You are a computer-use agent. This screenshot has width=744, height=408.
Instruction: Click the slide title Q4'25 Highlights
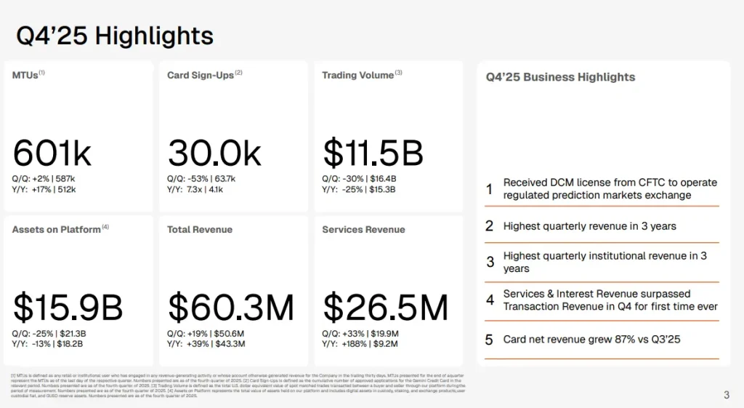(115, 36)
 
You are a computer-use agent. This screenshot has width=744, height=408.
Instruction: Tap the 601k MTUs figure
(52, 153)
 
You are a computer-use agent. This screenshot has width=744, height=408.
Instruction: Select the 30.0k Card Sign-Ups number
(214, 153)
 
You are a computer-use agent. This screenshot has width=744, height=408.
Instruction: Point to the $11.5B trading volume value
(373, 153)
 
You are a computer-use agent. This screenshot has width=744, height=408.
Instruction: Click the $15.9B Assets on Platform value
(68, 308)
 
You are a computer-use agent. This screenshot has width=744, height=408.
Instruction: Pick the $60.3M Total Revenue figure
(231, 308)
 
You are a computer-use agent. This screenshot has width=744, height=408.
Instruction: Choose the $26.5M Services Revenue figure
(386, 308)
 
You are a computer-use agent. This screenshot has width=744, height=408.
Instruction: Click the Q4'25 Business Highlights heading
(560, 77)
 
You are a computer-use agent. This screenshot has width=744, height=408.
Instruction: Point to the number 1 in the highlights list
(490, 189)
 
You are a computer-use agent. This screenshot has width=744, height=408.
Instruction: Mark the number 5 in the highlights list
(489, 340)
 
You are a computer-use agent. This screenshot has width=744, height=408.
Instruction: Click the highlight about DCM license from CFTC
(610, 189)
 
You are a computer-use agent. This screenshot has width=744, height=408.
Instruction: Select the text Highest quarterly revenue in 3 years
(589, 226)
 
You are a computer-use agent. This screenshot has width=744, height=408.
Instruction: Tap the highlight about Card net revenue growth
(591, 340)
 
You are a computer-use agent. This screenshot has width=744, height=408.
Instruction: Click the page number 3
(727, 396)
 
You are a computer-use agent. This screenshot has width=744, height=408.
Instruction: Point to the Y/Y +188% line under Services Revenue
(361, 344)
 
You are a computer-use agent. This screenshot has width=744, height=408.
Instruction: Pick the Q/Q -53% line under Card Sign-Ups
(201, 178)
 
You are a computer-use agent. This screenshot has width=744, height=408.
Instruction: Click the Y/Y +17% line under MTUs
(44, 190)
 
